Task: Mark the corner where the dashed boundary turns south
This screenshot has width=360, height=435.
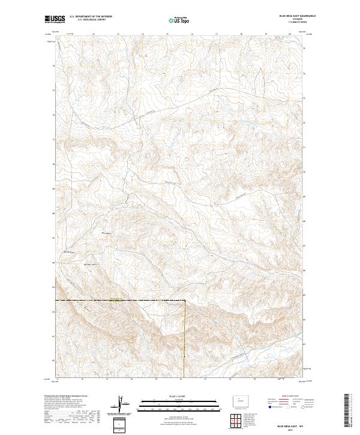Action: pyautogui.click(x=184, y=300)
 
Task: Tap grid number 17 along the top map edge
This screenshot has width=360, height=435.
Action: pyautogui.click(x=216, y=34)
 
